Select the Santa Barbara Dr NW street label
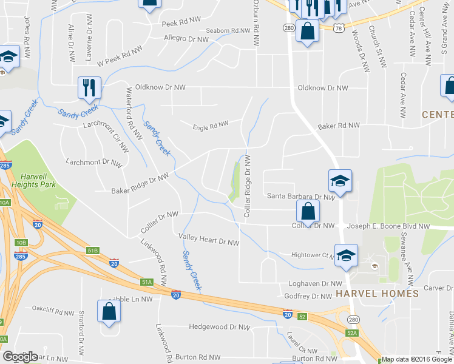pyautogui.click(x=301, y=197)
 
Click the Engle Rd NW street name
pyautogui.click(x=210, y=126)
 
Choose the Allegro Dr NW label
pyautogui.click(x=186, y=39)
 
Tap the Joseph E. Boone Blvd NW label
pyautogui.click(x=388, y=226)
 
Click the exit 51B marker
pyautogui.click(x=92, y=250)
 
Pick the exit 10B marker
pyautogui.click(x=21, y=243)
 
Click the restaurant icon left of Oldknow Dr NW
pyautogui.click(x=90, y=87)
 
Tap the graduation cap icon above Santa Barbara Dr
pyautogui.click(x=340, y=180)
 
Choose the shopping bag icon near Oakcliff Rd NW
pyautogui.click(x=109, y=312)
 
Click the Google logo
pyautogui.click(x=20, y=357)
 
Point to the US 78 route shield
pyautogui.click(x=337, y=29)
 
